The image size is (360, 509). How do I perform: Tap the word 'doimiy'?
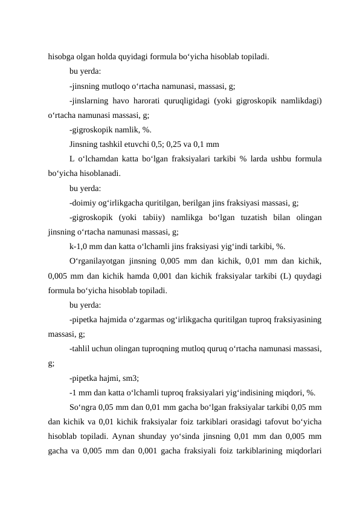coord(85,203)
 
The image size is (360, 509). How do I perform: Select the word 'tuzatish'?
coord(252,217)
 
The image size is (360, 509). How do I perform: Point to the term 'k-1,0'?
coord(80,246)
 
